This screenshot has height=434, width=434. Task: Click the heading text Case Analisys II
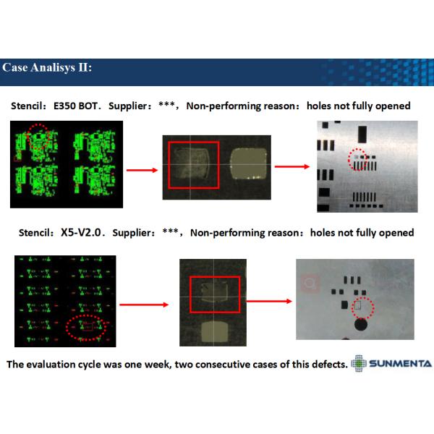(47, 67)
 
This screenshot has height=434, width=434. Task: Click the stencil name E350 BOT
(75, 106)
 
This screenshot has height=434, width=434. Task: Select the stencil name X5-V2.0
(81, 232)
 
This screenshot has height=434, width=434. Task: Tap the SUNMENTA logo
(391, 363)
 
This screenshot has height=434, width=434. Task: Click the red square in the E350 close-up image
(169, 165)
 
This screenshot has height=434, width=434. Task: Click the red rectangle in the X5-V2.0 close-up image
(190, 294)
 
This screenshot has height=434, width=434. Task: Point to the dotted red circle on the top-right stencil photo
(349, 159)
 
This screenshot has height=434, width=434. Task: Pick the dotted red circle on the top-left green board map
(28, 137)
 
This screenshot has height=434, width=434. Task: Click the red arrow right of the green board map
(142, 170)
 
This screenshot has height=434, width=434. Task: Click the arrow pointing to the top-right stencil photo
(292, 166)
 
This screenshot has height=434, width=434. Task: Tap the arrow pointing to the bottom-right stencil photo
(269, 301)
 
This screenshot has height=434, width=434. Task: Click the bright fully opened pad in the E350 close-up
(249, 164)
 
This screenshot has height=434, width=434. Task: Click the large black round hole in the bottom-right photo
(361, 324)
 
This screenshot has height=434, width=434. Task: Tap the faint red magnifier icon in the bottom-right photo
(310, 283)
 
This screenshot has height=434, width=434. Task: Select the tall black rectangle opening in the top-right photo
(362, 135)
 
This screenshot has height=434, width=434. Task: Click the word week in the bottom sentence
(157, 364)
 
